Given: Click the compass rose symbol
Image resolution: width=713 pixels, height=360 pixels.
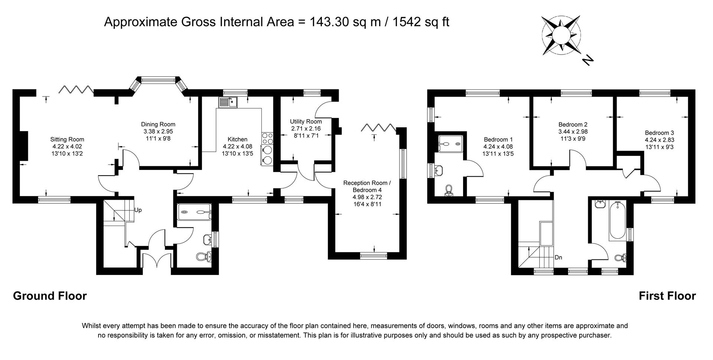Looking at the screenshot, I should point(561,35).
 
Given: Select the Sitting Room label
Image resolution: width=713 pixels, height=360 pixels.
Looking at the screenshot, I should point(67,140).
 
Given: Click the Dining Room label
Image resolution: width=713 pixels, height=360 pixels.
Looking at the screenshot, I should point(158,124).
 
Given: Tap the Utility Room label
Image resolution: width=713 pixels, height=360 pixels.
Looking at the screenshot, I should point(306,121).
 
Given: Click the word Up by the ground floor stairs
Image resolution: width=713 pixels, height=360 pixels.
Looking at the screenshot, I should point(138,210).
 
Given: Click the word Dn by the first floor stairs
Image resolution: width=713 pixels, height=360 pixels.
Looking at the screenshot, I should point(558,257).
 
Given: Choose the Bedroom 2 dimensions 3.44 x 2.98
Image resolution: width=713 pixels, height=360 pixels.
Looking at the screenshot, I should point(573,131).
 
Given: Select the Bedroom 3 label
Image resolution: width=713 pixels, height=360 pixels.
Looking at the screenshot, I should point(659,133).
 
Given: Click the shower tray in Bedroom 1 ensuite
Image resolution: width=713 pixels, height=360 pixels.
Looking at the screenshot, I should point(450,143).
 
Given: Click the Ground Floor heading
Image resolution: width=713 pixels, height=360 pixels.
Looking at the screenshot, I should point(50,296).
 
